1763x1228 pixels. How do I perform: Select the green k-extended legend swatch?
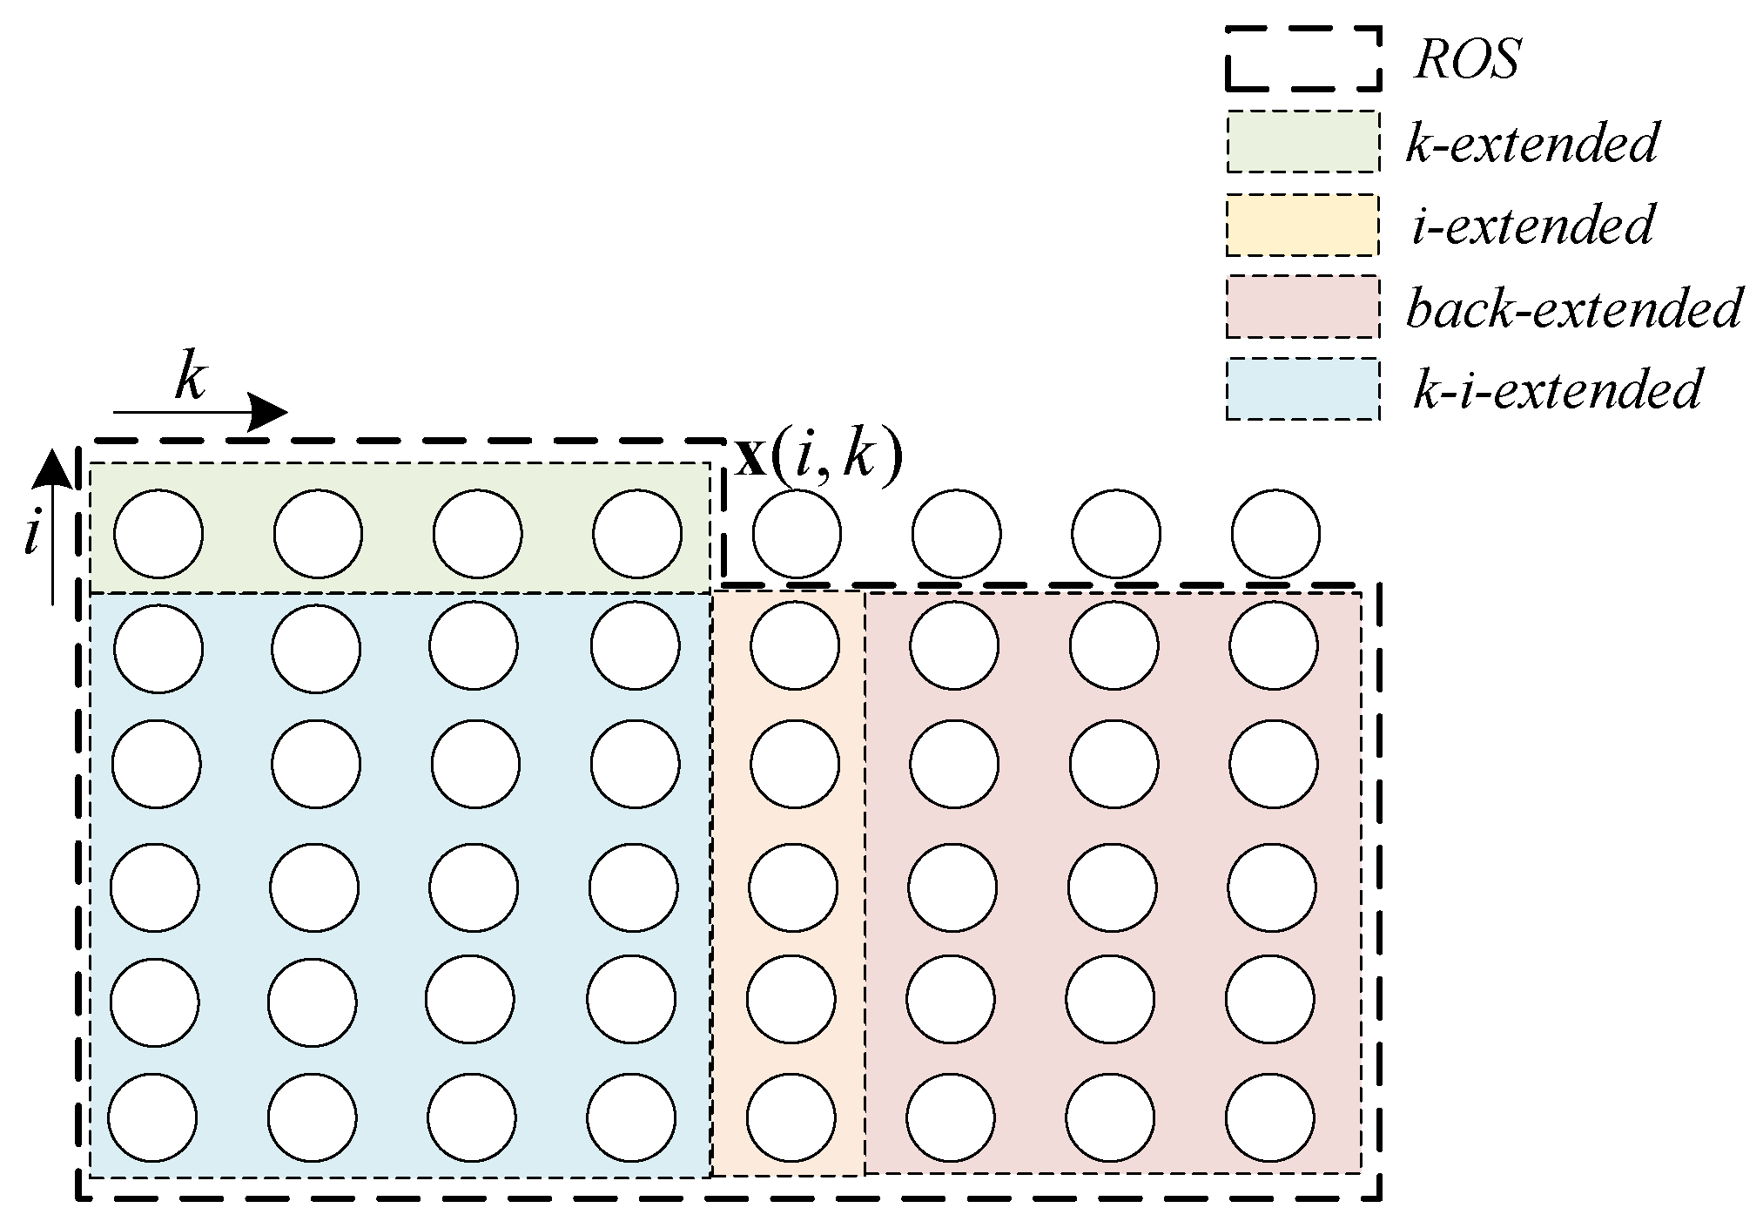point(1302,142)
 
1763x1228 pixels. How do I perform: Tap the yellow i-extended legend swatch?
point(1302,226)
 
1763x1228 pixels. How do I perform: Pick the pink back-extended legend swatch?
point(1302,307)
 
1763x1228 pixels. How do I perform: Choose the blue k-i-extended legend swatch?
point(1302,389)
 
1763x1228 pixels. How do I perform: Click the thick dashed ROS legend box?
point(1302,58)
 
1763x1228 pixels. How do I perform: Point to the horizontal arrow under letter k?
point(200,411)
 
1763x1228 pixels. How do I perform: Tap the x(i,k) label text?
point(818,457)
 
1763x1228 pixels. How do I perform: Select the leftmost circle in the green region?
point(158,534)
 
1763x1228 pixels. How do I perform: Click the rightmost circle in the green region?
point(637,534)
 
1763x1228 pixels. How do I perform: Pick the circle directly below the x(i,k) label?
point(797,534)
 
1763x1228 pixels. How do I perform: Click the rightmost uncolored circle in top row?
point(1275,534)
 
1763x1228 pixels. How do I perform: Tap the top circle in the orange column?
point(795,645)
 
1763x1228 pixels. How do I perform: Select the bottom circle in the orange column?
point(791,1118)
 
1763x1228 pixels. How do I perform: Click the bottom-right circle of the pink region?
point(1270,1118)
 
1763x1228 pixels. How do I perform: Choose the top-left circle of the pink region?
point(954,645)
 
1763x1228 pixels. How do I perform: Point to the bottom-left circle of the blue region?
point(153,1118)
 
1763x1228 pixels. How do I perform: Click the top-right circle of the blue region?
point(635,645)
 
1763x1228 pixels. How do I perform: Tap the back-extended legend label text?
point(1572,308)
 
